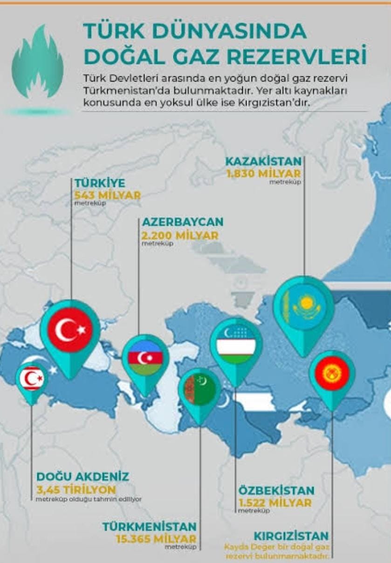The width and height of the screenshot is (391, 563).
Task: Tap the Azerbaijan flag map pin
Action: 145,358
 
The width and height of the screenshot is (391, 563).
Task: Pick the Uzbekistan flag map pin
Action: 236,345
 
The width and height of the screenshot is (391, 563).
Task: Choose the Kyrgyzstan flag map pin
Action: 332,374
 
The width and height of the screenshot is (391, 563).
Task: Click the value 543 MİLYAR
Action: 107,195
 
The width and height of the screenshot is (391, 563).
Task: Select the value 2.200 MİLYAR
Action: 180,235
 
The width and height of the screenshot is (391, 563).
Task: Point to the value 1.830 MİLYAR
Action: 264,174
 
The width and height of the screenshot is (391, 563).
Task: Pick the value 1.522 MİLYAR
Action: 275,502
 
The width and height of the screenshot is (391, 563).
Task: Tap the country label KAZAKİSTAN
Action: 264,161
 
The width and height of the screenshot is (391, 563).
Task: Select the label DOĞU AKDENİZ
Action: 82,477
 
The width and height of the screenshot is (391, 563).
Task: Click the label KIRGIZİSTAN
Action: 291,536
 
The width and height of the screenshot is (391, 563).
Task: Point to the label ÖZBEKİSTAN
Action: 276,490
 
